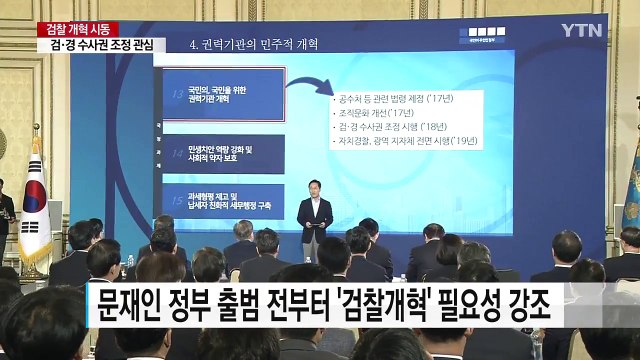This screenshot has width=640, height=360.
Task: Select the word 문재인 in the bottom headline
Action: coord(132,304)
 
